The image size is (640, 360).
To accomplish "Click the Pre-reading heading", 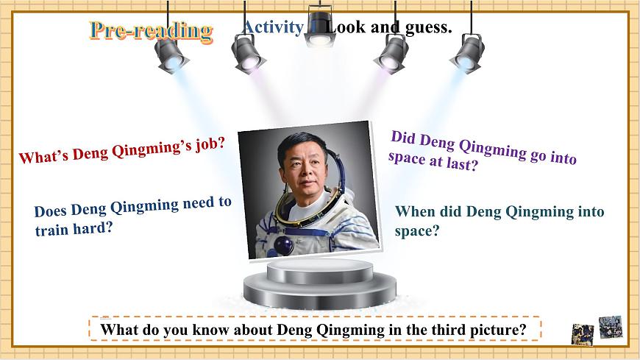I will [151, 30].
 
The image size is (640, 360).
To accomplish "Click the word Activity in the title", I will [272, 27].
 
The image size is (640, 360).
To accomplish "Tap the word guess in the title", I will [428, 28].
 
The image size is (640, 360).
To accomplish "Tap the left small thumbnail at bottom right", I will [583, 333].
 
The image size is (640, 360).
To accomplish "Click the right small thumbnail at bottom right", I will [610, 326].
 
